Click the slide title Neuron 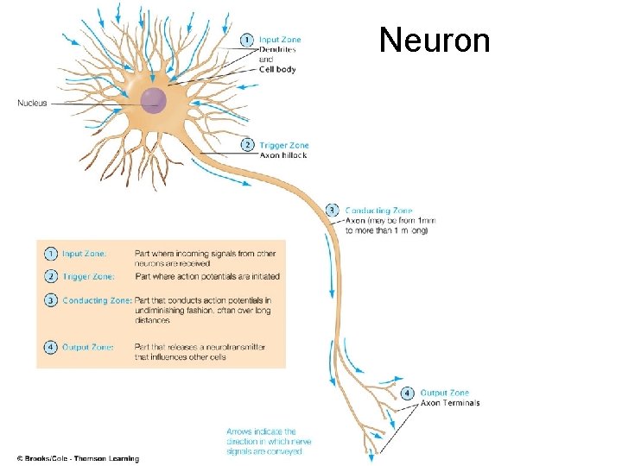click(x=435, y=40)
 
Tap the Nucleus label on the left click(x=32, y=104)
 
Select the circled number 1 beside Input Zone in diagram click(x=246, y=40)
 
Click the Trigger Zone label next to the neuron click(x=283, y=146)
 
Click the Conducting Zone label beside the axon click(x=378, y=211)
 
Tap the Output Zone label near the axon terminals click(x=444, y=393)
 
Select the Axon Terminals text click(x=449, y=403)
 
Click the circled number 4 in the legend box click(x=51, y=347)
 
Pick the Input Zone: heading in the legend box click(x=85, y=254)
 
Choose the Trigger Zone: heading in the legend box click(x=87, y=276)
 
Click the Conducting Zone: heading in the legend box click(x=97, y=299)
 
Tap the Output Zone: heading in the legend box click(x=87, y=347)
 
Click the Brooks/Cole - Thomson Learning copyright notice click(x=78, y=458)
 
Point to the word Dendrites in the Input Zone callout click(x=277, y=50)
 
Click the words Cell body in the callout click(x=277, y=70)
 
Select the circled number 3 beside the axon click(x=333, y=210)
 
